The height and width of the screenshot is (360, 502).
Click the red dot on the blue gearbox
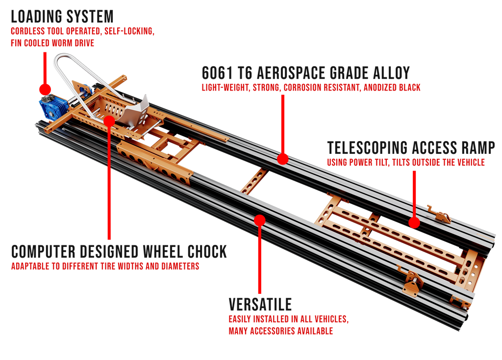[45, 89]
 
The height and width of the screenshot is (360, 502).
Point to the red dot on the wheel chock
[109, 120]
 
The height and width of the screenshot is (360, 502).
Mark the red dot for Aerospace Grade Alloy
[282, 159]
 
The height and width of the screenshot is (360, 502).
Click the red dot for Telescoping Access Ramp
[414, 223]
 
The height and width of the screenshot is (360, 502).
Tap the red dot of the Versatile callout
[260, 220]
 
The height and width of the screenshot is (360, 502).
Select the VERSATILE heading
[260, 304]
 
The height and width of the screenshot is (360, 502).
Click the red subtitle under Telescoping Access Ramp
[406, 163]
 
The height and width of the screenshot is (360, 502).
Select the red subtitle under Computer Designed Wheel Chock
[105, 267]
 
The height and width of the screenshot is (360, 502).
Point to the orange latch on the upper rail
[439, 214]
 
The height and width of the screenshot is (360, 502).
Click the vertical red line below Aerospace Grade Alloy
[283, 122]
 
